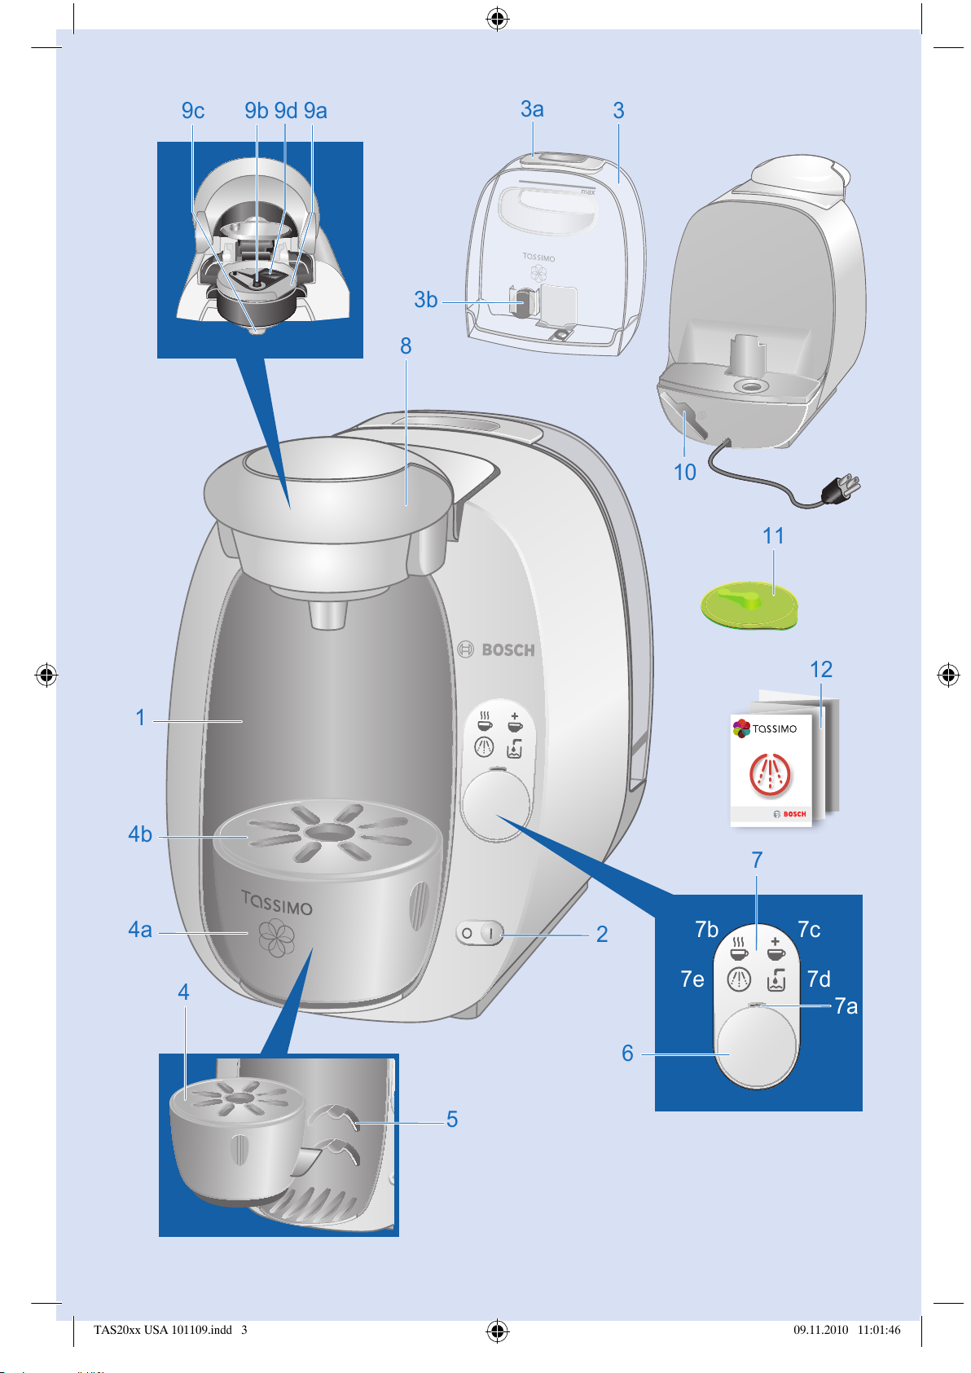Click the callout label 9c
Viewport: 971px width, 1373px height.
pos(192,110)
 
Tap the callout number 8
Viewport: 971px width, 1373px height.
pos(406,346)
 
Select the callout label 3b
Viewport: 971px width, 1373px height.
pos(426,300)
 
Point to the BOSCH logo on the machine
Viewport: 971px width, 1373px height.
pos(496,649)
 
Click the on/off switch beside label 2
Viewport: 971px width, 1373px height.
pos(480,933)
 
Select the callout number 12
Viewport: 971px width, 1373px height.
pos(821,669)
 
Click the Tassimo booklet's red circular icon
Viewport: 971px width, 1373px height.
pos(770,774)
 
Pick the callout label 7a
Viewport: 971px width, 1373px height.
pos(846,1006)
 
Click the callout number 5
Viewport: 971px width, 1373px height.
pos(452,1120)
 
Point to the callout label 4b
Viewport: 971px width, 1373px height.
pos(139,834)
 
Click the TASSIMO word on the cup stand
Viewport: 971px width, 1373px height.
pos(277,902)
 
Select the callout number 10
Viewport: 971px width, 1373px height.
pos(684,472)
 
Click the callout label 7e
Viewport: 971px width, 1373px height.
pos(692,979)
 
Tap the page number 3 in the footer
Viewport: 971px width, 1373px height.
pos(244,1330)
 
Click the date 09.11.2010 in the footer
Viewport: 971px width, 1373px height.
pos(821,1330)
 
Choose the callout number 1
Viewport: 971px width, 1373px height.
pos(140,718)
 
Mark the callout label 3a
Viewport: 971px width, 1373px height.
pos(532,109)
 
